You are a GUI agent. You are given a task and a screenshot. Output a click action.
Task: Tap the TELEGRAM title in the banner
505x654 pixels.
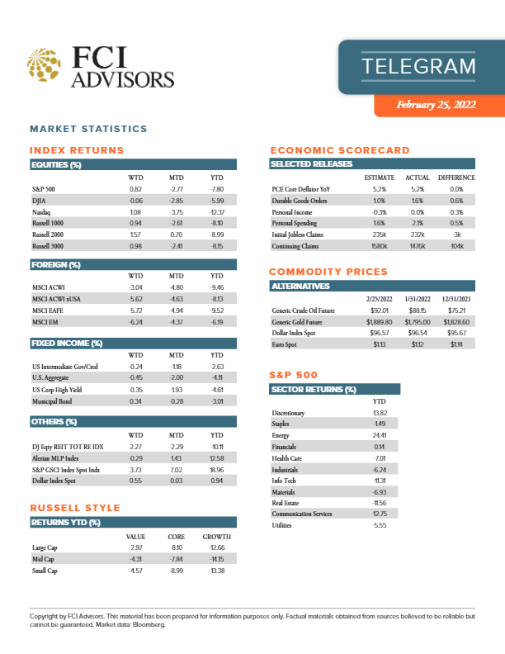click(x=418, y=66)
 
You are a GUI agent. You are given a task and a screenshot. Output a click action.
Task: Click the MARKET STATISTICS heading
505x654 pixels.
click(x=88, y=129)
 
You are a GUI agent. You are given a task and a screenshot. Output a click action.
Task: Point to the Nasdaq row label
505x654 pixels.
click(x=41, y=212)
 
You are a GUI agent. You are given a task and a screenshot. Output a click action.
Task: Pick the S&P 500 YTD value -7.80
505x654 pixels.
click(x=217, y=190)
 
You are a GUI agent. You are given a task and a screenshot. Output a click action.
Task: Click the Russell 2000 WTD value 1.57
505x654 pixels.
click(x=136, y=235)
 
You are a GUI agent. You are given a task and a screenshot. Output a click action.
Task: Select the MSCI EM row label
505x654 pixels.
click(x=43, y=320)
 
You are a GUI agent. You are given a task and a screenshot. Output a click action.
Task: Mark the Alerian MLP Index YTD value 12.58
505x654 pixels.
click(x=217, y=457)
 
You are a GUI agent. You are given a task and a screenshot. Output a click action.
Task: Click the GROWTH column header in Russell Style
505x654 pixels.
click(x=217, y=536)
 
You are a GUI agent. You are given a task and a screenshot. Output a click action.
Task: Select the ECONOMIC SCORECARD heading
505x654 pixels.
click(x=340, y=150)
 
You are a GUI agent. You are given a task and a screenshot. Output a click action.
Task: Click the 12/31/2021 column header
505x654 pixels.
click(x=460, y=298)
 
